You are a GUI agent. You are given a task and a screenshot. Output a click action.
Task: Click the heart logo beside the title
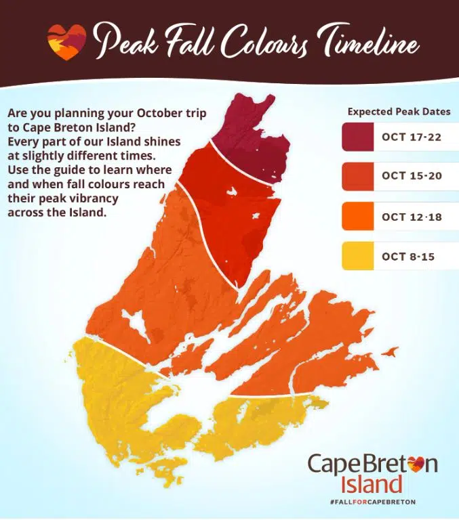tap(66, 42)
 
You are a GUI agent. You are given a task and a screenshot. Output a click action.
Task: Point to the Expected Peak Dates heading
tap(399, 112)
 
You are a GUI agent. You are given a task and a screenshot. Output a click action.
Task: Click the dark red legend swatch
tap(357, 137)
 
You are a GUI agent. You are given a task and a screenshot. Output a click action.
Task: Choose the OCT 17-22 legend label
tap(411, 137)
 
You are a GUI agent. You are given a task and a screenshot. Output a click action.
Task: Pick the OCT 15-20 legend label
tap(411, 175)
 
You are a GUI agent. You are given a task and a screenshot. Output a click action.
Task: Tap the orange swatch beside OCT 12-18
tap(357, 217)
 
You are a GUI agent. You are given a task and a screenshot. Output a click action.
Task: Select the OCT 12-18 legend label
tap(411, 217)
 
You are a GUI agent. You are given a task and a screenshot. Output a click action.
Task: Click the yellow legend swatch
tap(357, 257)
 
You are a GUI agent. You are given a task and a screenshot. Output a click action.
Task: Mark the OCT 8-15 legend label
tap(408, 257)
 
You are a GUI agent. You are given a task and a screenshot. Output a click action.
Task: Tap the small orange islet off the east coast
tap(389, 351)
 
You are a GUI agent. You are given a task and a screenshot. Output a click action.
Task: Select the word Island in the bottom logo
tap(374, 484)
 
